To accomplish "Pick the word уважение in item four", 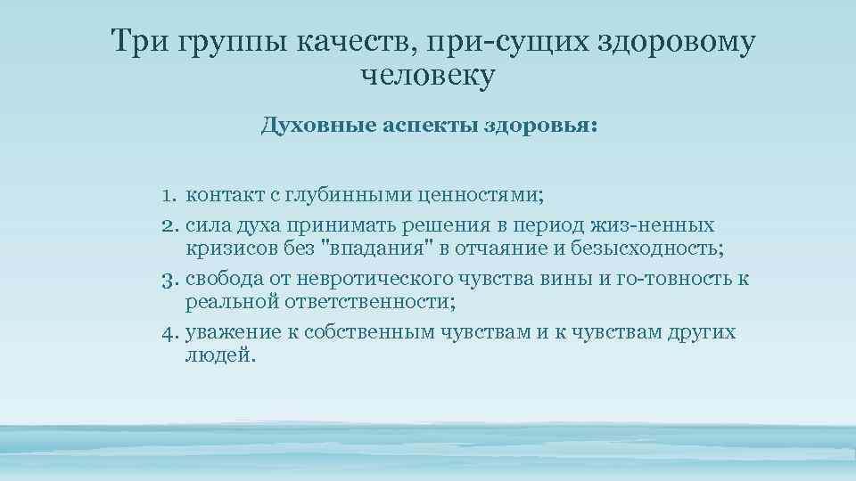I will tap(232, 333).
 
